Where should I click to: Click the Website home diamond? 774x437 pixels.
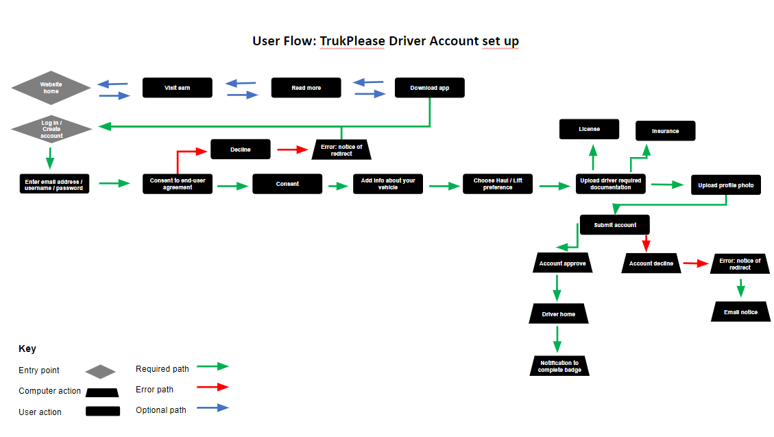tap(51, 88)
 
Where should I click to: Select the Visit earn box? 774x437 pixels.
tap(178, 88)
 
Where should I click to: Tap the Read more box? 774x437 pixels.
tap(306, 88)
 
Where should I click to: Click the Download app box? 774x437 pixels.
tap(430, 88)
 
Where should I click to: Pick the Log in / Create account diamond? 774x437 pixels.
tap(51, 130)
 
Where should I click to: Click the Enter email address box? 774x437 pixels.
tap(53, 184)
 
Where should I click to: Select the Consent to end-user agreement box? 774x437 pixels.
tap(178, 184)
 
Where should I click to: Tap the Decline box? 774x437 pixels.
tap(241, 149)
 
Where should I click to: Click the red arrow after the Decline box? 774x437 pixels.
tap(293, 149)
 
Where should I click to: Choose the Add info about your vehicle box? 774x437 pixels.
tap(388, 184)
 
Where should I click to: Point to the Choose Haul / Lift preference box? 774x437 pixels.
tap(498, 184)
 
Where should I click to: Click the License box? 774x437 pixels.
tap(589, 129)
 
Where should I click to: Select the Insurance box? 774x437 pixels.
tap(666, 131)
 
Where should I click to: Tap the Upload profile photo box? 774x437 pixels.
tap(725, 185)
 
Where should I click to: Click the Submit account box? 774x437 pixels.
tap(615, 225)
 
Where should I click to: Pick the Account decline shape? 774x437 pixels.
tap(651, 263)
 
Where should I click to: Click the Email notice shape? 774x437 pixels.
tap(740, 312)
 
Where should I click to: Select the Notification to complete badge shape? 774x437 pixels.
tap(559, 366)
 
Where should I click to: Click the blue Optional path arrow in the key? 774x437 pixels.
tap(213, 408)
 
